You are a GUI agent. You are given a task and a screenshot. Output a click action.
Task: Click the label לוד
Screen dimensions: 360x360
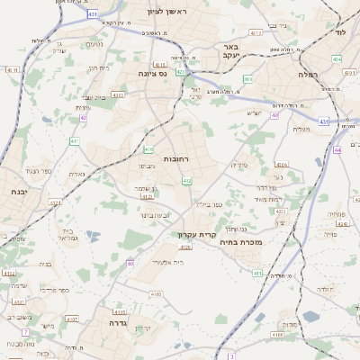pyautogui.click(x=340, y=31)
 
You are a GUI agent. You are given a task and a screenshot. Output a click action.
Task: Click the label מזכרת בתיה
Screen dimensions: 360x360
pyautogui.click(x=241, y=242)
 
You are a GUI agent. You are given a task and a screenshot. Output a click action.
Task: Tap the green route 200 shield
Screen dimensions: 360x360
pyautogui.click(x=247, y=79)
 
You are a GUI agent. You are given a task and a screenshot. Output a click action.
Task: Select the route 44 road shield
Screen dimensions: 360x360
pyautogui.click(x=337, y=150)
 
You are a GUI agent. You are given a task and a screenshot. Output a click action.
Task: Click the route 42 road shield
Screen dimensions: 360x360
pyautogui.click(x=83, y=117)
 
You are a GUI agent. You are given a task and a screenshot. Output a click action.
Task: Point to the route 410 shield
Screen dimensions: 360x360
pyautogui.click(x=148, y=149)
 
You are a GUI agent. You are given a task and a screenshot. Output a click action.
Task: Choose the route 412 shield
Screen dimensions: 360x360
pyautogui.click(x=187, y=181)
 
